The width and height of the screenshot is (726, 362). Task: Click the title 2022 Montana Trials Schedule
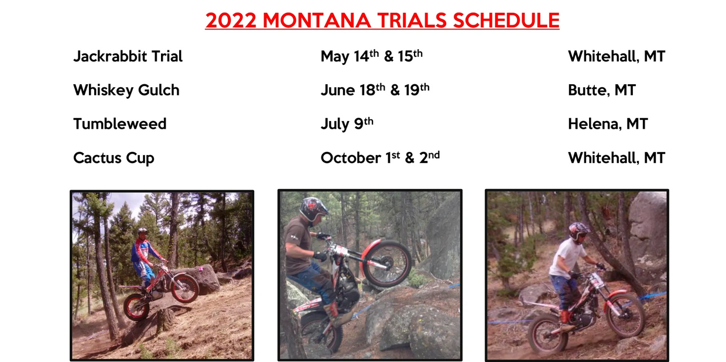click(x=382, y=20)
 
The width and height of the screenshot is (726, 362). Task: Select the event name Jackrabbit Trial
click(x=128, y=56)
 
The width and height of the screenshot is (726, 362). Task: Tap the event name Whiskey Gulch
click(x=126, y=90)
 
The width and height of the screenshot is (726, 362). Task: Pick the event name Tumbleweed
click(x=120, y=124)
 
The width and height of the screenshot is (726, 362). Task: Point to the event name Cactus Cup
click(x=114, y=158)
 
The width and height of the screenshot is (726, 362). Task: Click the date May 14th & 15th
click(x=372, y=56)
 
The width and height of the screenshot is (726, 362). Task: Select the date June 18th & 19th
click(x=375, y=90)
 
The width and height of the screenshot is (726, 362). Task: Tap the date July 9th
click(x=347, y=124)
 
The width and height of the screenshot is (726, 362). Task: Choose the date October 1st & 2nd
click(x=380, y=158)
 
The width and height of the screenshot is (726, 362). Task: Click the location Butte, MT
click(x=602, y=90)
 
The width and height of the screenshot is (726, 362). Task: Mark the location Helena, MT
click(x=608, y=124)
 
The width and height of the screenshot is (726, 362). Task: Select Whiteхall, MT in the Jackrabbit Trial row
click(x=617, y=56)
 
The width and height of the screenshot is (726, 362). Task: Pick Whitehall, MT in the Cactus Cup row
click(x=617, y=158)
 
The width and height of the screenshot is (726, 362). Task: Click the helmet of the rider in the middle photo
click(x=313, y=209)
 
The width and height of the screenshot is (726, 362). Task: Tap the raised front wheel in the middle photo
click(x=386, y=263)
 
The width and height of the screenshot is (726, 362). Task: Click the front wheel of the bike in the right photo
click(x=625, y=313)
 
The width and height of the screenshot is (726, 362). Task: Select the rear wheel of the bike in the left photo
click(x=136, y=306)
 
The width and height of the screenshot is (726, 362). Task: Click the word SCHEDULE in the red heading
click(x=506, y=20)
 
